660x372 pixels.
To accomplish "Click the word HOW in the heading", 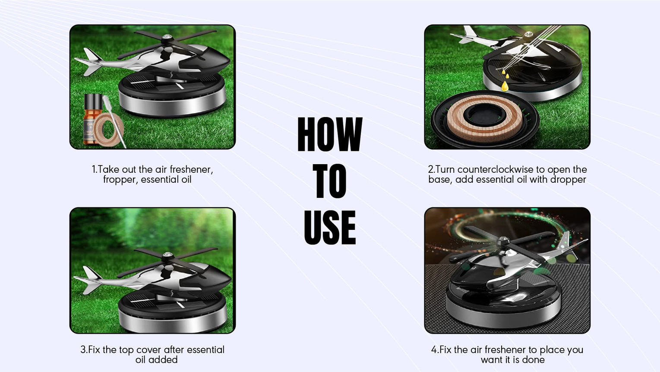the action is point(330,134).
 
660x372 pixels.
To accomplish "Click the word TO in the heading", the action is point(329,181).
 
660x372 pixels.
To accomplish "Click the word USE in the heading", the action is point(330,227).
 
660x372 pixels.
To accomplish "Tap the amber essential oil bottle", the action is point(92,120).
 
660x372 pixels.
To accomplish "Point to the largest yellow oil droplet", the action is point(505,86).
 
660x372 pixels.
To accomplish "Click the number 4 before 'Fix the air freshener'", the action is point(434,350).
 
